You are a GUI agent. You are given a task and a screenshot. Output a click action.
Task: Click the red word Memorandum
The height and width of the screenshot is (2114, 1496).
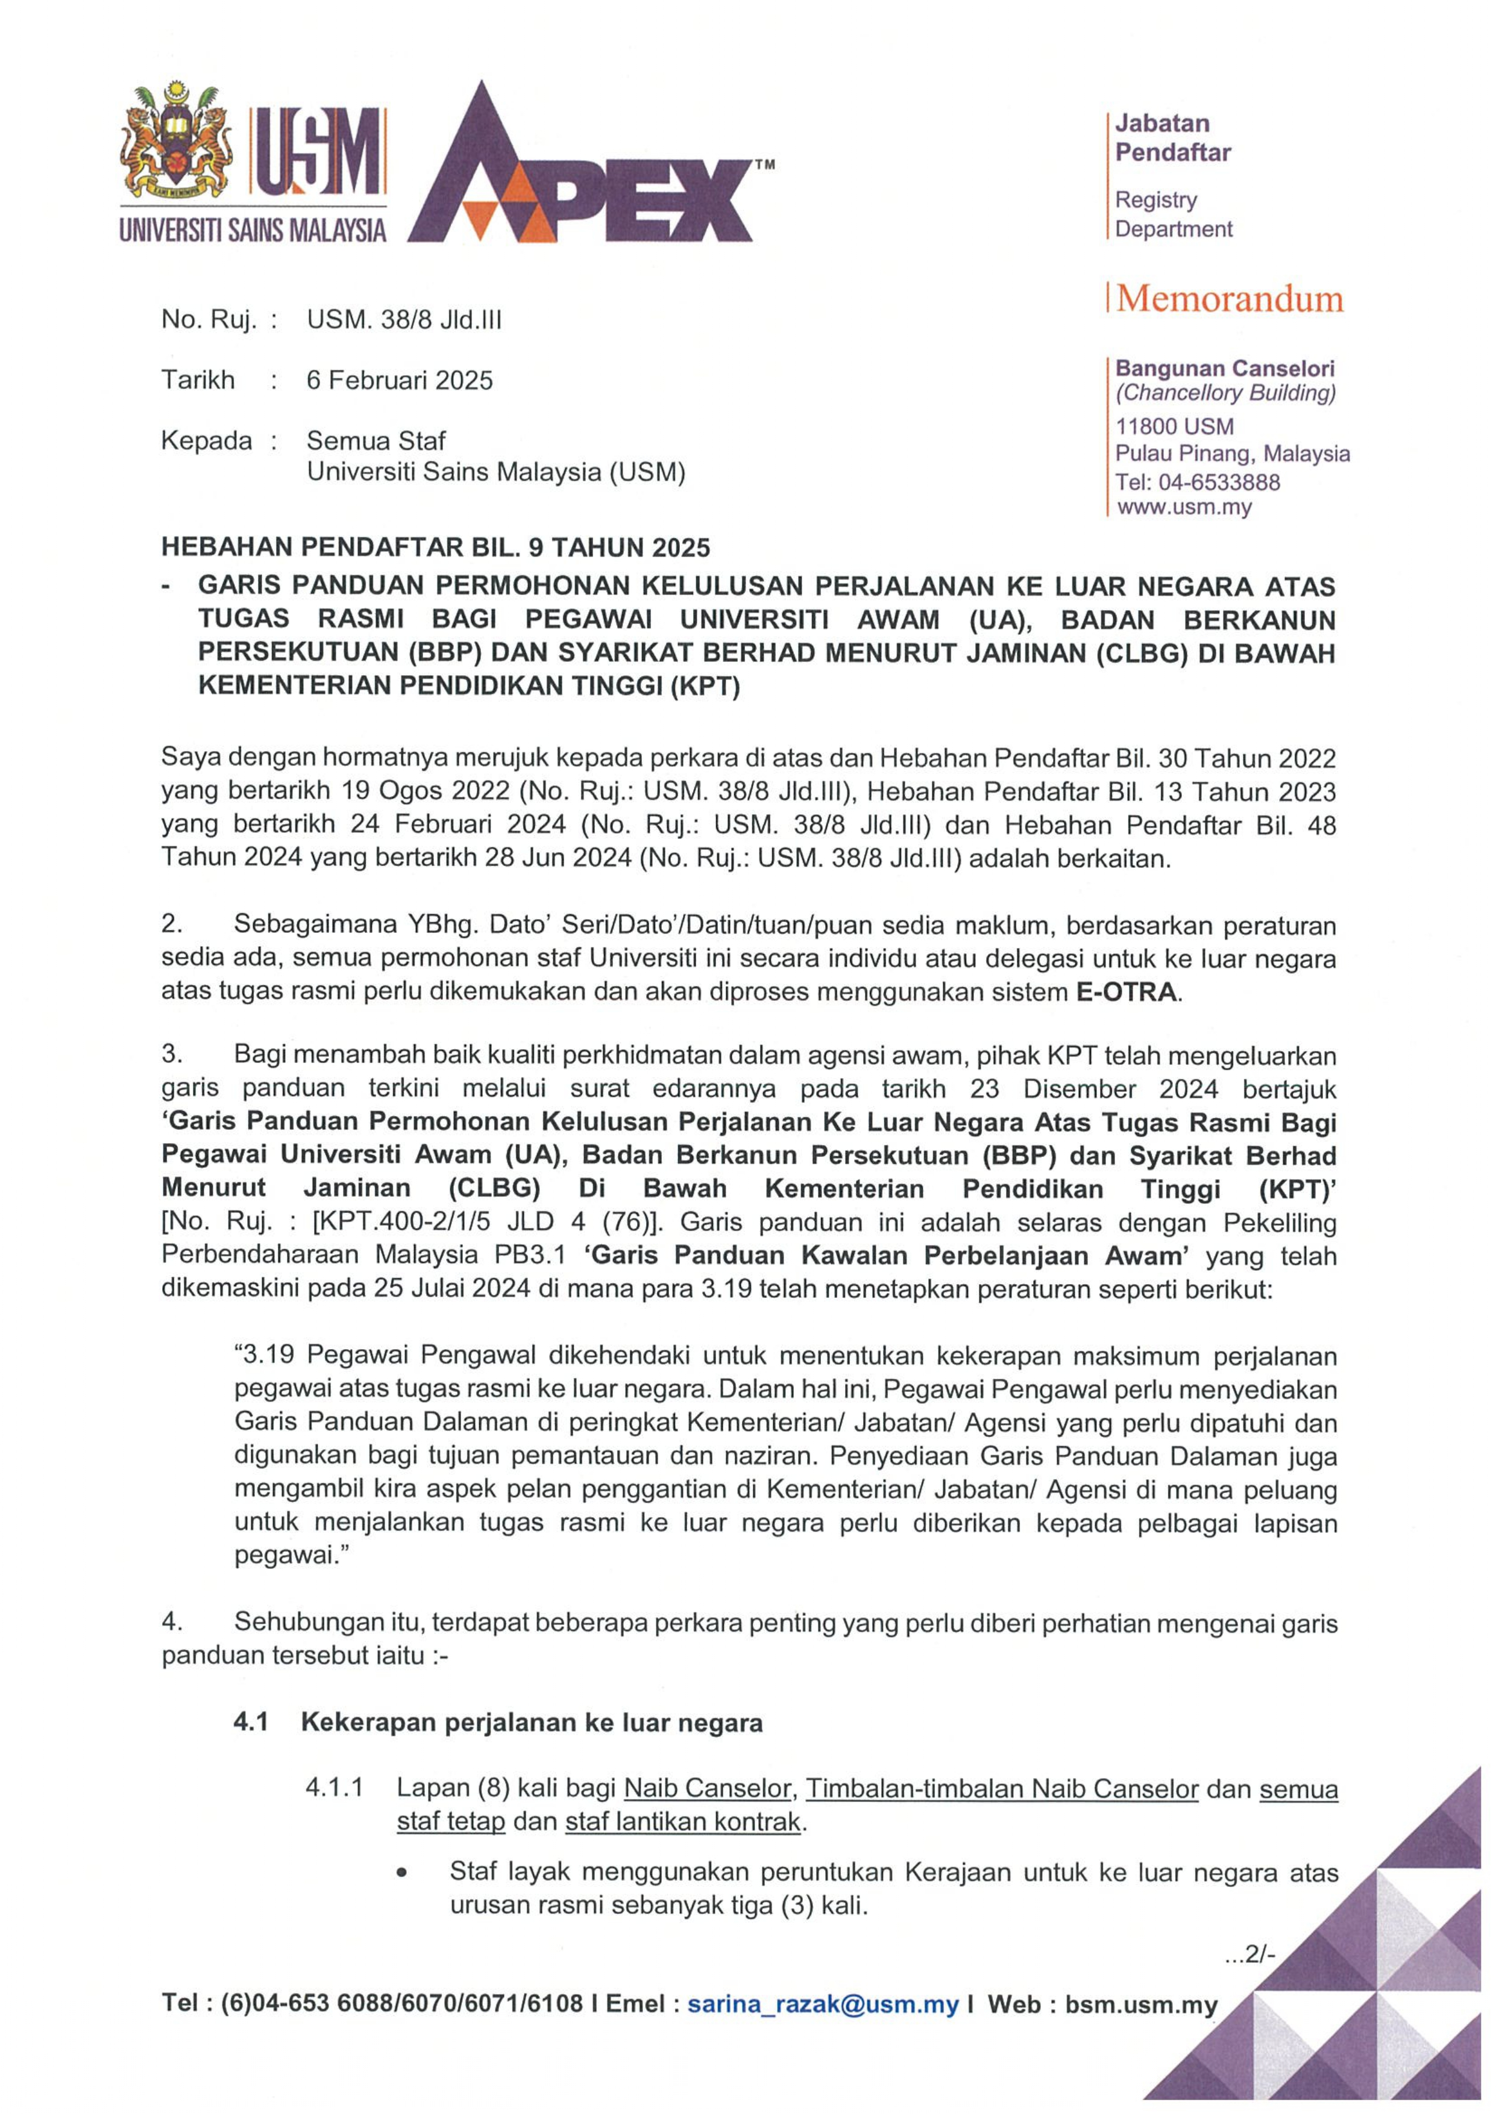click(1230, 299)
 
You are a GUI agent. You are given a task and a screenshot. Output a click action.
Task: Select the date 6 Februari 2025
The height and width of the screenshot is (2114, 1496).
click(400, 380)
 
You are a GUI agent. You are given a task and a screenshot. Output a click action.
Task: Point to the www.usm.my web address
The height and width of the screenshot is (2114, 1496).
click(1184, 507)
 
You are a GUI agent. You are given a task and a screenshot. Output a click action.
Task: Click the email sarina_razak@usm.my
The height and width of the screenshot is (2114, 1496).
click(823, 2004)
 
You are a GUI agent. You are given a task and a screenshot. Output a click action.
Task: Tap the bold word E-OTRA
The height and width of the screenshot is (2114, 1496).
click(1126, 993)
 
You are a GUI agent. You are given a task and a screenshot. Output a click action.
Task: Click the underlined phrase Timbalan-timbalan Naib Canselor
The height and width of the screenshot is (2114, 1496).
click(1002, 1788)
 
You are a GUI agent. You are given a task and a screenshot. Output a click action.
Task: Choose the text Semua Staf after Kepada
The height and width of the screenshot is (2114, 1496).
click(376, 440)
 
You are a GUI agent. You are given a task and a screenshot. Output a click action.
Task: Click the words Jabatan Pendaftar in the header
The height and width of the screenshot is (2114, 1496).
click(1173, 138)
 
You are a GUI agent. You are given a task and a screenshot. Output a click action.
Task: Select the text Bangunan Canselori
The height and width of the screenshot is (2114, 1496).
click(1224, 368)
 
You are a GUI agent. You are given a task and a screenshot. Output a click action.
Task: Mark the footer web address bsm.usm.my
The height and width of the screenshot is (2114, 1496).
click(1142, 2004)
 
